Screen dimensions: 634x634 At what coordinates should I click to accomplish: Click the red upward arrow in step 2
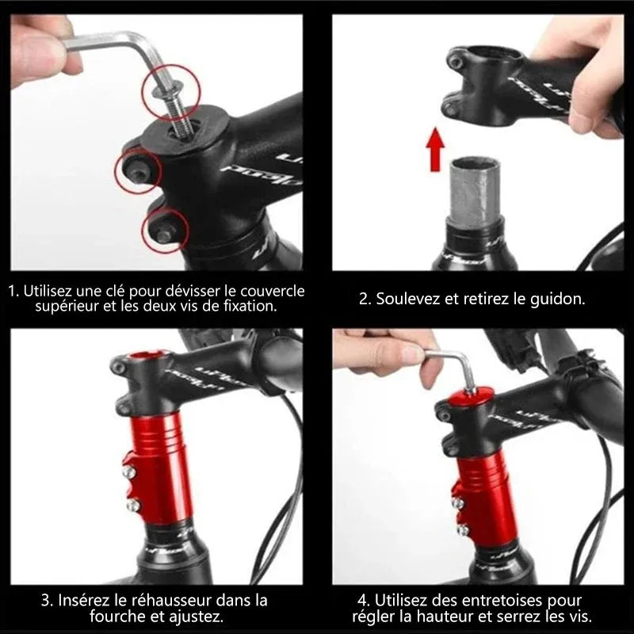coord(435,149)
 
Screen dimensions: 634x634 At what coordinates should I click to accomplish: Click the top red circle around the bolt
coord(171,93)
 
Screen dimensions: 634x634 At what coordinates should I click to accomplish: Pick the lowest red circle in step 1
coord(165,231)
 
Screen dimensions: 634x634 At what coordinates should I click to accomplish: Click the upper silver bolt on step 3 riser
coord(128,471)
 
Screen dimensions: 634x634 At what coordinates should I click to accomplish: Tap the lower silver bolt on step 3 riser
coord(132,505)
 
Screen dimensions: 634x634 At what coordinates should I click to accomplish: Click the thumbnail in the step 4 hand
coord(412,354)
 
